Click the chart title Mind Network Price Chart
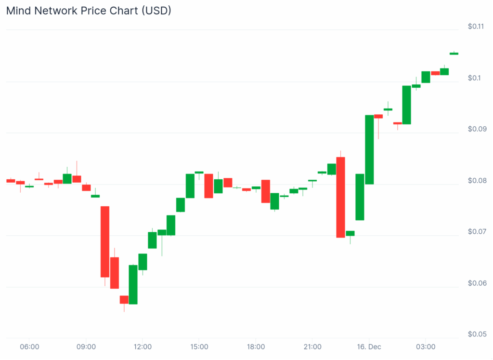coord(89,11)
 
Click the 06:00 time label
coord(29,347)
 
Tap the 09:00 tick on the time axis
coord(86,347)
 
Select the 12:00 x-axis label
coord(143,347)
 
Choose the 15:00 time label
coord(199,347)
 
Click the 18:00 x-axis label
coord(256,347)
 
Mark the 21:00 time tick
coord(312,347)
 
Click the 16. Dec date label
coord(369,347)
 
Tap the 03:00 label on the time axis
coord(426,347)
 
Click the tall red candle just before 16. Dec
coord(340,197)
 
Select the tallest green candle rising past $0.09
coord(369,149)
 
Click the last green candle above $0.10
coord(454,53)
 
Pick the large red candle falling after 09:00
coord(105,241)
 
